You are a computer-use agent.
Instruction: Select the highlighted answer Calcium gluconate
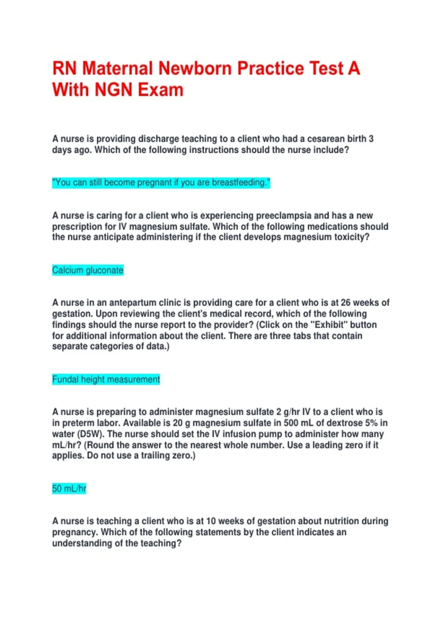pos(88,270)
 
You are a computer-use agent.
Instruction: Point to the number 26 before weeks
pos(345,303)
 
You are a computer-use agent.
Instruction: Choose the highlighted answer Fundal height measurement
pos(106,380)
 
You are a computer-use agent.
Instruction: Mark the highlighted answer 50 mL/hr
pos(69,489)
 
